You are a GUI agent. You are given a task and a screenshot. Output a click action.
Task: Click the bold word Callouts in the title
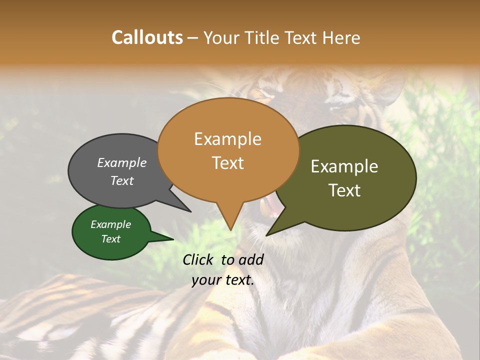point(147,37)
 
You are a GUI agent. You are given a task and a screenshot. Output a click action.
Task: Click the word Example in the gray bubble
point(121,163)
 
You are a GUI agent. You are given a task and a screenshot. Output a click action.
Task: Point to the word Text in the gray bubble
point(121,180)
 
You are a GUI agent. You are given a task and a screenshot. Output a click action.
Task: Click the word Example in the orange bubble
point(227,139)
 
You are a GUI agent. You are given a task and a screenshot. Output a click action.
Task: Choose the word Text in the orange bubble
point(228,163)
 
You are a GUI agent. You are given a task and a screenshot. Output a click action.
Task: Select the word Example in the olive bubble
point(344,166)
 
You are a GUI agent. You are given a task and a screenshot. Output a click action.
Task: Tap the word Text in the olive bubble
point(344,190)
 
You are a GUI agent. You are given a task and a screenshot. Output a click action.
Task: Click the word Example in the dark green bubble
point(110,224)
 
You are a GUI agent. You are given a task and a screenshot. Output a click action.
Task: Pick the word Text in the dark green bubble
point(110,239)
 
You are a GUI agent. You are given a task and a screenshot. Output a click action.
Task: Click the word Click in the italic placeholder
point(198,259)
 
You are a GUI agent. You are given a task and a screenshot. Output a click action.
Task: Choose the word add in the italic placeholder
point(251,259)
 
